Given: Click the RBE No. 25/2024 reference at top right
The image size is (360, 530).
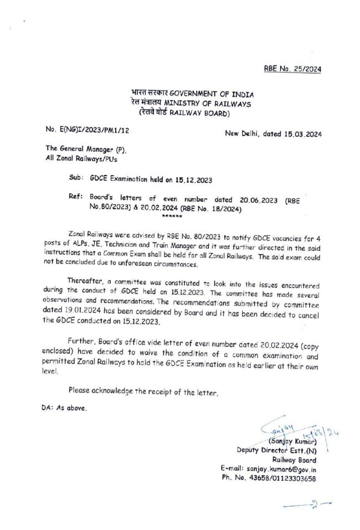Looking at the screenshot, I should [292, 69].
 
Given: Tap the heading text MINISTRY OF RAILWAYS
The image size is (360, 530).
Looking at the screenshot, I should [189, 104].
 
